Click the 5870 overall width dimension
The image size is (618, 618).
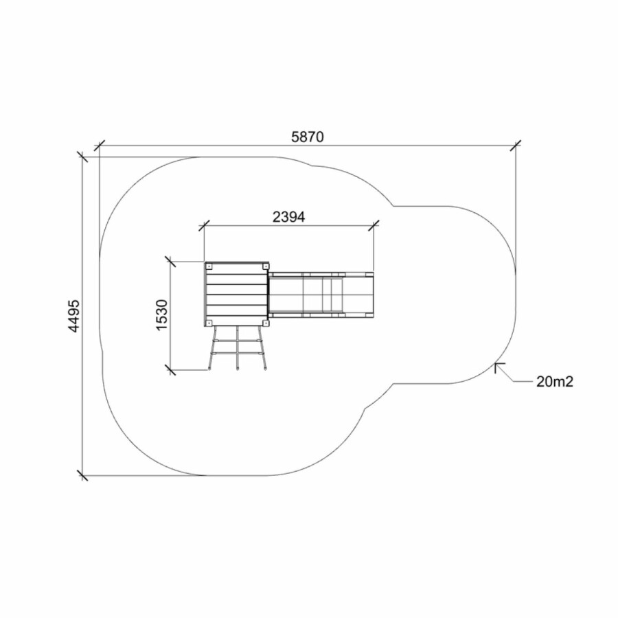pyautogui.click(x=308, y=137)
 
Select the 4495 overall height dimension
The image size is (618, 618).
pyautogui.click(x=74, y=317)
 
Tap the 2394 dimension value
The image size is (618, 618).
pyautogui.click(x=289, y=217)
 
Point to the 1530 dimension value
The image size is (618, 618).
pyautogui.click(x=161, y=315)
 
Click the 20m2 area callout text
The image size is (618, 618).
pyautogui.click(x=555, y=382)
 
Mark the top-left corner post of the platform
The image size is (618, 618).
pyautogui.click(x=209, y=266)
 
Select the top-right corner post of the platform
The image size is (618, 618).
pyautogui.click(x=265, y=266)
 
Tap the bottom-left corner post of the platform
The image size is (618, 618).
pyautogui.click(x=209, y=323)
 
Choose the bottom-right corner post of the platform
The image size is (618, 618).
pyautogui.click(x=265, y=323)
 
